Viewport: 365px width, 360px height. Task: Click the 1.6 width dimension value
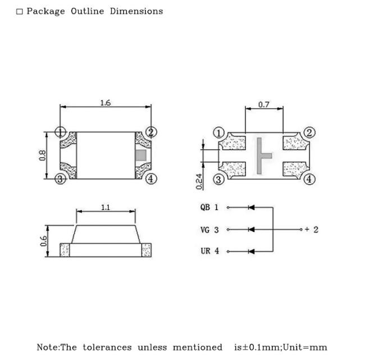point(106,103)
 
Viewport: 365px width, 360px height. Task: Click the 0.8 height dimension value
point(42,156)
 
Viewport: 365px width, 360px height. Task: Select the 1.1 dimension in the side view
point(106,207)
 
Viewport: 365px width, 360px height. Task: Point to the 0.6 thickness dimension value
point(44,241)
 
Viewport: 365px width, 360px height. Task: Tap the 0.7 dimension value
point(264,104)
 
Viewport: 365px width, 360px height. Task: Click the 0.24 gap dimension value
point(199,181)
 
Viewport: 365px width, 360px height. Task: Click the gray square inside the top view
point(141,156)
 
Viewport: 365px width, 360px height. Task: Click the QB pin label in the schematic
point(205,207)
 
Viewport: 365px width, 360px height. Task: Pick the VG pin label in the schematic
point(205,230)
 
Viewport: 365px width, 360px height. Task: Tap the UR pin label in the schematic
point(206,251)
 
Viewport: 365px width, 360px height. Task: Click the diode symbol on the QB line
point(252,207)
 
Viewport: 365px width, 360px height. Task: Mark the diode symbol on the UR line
point(252,252)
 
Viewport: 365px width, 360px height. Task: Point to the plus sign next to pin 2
point(307,229)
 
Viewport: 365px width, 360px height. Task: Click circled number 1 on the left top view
point(60,132)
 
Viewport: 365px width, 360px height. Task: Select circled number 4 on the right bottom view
point(309,179)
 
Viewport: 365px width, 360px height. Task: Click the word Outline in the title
point(87,11)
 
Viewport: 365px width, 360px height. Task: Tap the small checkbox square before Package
point(19,11)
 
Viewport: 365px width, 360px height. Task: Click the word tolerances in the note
point(107,348)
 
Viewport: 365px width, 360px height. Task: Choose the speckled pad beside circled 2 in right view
point(295,142)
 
